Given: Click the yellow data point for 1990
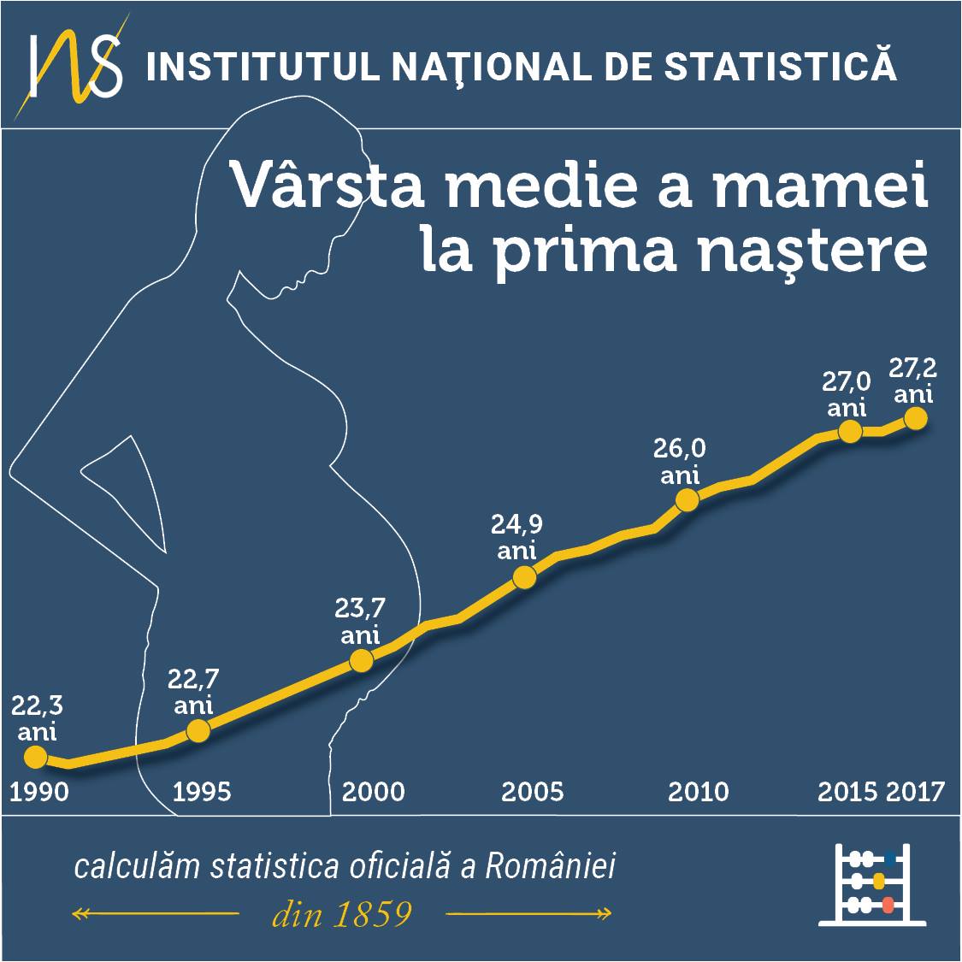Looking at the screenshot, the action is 36,757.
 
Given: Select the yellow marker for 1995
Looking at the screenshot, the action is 198,731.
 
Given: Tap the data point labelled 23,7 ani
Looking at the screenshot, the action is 362,661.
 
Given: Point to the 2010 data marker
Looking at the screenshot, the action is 688,500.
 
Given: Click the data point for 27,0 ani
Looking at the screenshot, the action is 850,431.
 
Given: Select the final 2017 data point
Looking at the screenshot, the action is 915,418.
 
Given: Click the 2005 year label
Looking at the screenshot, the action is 532,792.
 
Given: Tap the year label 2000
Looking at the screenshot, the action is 373,792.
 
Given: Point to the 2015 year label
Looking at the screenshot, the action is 847,792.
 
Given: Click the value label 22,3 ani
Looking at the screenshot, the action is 37,718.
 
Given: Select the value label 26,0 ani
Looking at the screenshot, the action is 679,462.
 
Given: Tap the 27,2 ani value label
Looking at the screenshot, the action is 913,381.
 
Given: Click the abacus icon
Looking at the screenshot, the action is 872,884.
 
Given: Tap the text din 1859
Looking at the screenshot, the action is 342,914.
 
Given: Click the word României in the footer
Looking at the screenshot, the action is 551,865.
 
